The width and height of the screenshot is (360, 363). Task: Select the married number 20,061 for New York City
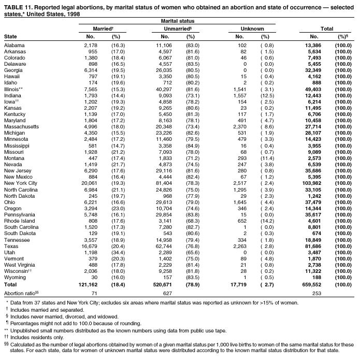(89, 183)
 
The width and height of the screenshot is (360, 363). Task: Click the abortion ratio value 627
(167, 292)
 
